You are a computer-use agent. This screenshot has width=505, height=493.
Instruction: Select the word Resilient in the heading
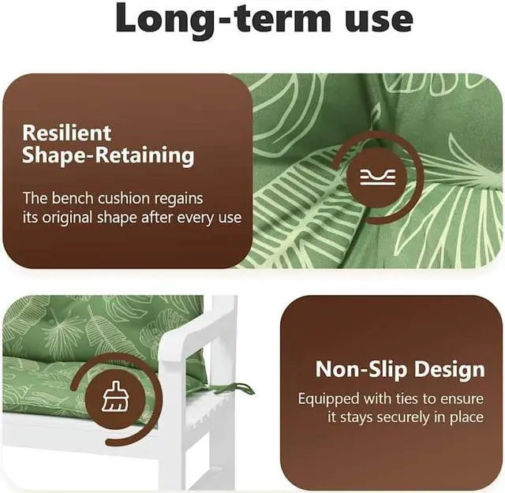click(66, 133)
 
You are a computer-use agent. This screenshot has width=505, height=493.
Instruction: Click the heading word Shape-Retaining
click(108, 155)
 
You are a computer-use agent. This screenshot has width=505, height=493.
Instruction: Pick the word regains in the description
click(177, 198)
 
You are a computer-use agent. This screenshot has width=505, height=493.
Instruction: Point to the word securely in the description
click(410, 417)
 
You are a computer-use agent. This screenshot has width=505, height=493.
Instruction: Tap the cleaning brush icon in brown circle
click(115, 398)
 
